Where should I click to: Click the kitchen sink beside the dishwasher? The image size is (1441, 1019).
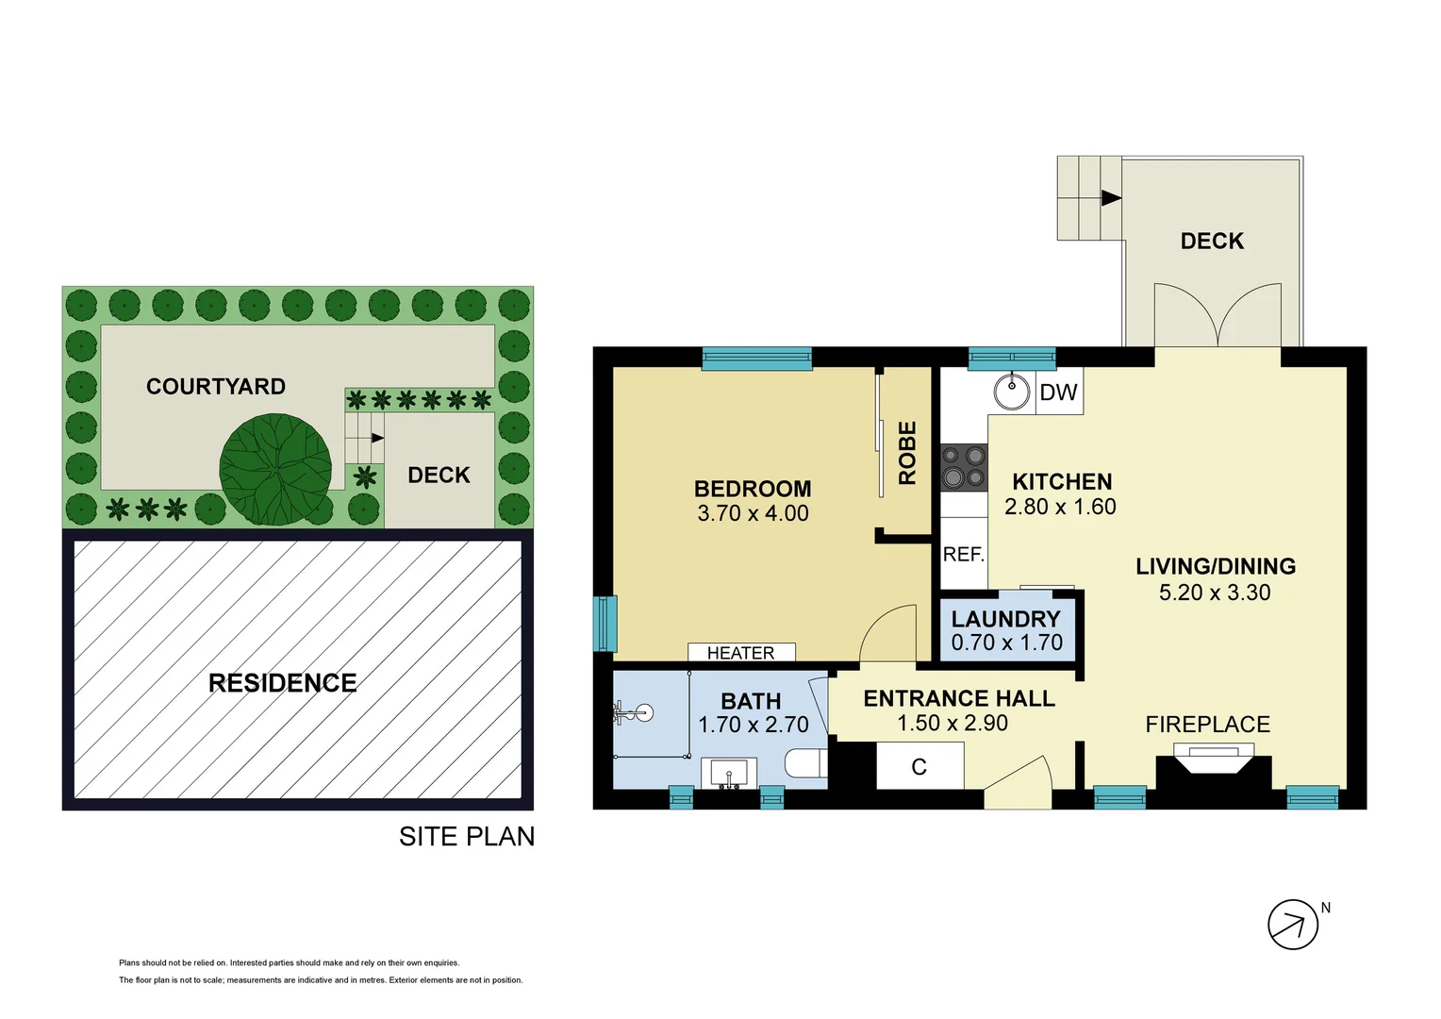point(1012,392)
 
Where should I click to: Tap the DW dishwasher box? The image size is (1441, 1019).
point(1059,393)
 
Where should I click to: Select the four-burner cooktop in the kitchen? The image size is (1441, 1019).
point(964,467)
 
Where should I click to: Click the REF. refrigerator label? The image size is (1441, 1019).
point(963,555)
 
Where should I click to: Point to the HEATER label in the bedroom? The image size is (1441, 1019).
point(740,653)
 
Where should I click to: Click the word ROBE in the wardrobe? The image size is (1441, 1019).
point(907,453)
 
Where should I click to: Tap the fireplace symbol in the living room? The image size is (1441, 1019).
point(1214,760)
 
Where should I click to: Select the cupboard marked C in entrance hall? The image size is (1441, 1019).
point(919,767)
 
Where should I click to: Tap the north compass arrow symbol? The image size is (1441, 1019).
point(1292,925)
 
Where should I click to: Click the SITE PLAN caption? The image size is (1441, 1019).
point(466,837)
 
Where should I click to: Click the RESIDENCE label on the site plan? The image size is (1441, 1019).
point(282,683)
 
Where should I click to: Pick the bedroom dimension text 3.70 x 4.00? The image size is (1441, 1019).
point(753,514)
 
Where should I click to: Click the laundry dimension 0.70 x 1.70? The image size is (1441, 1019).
point(1006,643)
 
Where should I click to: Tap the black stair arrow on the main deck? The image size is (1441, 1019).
point(1111,198)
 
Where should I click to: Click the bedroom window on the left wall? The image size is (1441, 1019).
point(605,624)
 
